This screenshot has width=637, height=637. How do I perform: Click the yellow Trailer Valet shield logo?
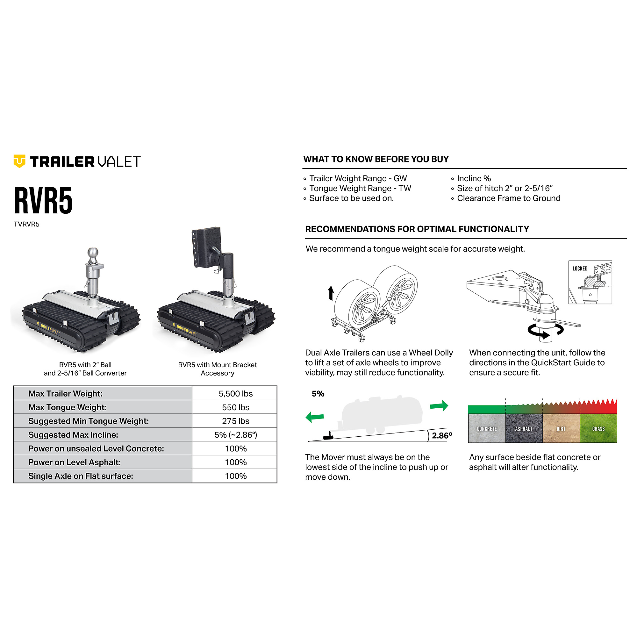click(x=19, y=161)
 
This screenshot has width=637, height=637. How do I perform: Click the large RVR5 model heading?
click(x=43, y=200)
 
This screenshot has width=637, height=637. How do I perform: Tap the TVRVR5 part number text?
click(x=26, y=224)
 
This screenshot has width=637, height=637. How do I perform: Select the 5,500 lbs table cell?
click(x=235, y=393)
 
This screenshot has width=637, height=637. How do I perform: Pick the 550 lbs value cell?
click(x=235, y=407)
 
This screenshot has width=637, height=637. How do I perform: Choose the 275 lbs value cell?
click(x=235, y=421)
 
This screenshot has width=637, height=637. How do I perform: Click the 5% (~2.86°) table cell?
click(x=235, y=434)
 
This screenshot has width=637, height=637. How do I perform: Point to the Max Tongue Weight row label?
click(x=68, y=407)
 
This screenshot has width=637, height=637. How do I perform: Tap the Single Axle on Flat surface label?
click(x=81, y=476)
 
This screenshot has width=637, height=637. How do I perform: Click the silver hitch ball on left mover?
click(x=93, y=254)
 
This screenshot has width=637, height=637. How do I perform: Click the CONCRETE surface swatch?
click(x=487, y=428)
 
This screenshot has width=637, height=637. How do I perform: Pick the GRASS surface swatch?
click(x=598, y=428)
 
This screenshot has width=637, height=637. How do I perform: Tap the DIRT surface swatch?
click(x=561, y=428)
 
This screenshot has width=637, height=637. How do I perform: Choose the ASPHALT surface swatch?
click(x=524, y=428)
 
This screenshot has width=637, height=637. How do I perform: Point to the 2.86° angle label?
click(x=442, y=435)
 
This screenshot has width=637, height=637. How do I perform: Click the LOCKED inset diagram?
click(x=590, y=282)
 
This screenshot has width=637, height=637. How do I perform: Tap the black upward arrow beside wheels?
click(x=331, y=293)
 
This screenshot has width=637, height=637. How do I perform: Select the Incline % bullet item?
click(x=474, y=178)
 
